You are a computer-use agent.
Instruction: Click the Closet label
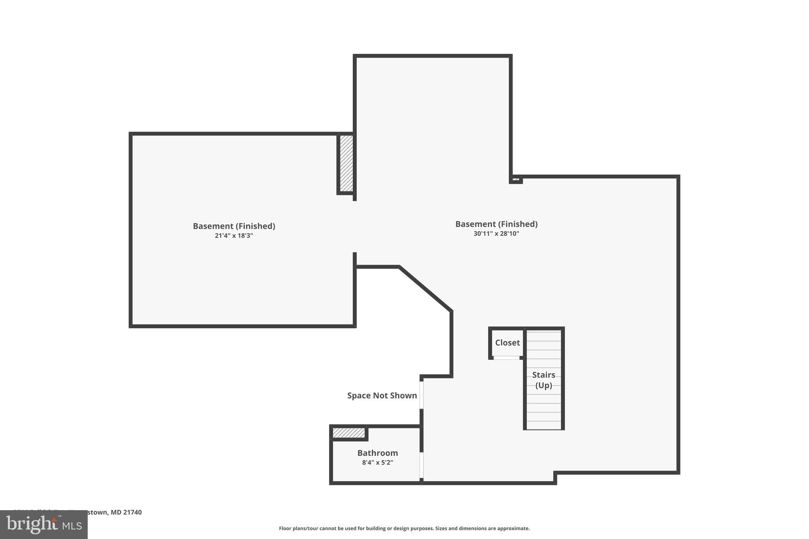[507, 343]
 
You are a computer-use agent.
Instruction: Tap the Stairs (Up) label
[544, 380]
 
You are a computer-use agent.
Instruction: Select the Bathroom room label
[377, 453]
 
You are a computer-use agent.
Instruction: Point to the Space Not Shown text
[382, 395]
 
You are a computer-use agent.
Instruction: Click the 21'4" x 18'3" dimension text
[234, 236]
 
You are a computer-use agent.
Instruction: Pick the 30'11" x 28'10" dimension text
[496, 233]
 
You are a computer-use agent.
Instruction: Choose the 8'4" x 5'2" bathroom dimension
[377, 462]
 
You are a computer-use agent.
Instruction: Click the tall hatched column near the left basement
[346, 163]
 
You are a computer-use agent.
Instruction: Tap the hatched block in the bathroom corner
[348, 433]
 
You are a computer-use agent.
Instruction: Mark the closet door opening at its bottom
[506, 358]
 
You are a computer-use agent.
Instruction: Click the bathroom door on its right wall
[421, 465]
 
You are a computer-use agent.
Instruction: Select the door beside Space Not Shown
[421, 394]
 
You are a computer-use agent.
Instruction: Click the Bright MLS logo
[44, 524]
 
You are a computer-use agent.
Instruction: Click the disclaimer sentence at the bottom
[404, 528]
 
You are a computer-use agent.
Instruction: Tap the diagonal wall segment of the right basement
[425, 289]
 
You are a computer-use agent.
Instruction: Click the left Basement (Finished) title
[234, 226]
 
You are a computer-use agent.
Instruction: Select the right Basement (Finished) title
[496, 224]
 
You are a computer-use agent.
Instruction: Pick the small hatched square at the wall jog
[516, 179]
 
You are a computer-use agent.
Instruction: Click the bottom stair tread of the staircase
[544, 425]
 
